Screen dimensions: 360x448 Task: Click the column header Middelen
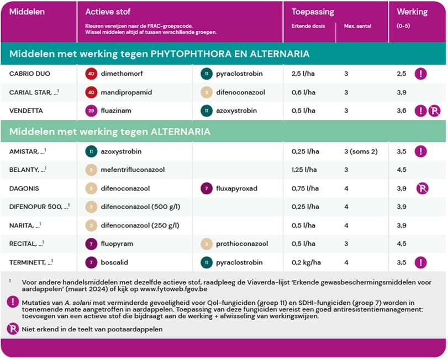(x=28, y=12)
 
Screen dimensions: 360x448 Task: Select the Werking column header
(x=412, y=12)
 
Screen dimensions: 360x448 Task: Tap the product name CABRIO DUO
(x=27, y=73)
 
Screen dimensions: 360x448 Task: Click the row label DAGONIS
(x=23, y=188)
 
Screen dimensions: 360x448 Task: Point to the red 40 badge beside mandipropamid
(x=91, y=92)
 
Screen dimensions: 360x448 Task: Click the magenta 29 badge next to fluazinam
(x=91, y=111)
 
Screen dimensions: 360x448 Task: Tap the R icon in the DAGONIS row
(x=423, y=188)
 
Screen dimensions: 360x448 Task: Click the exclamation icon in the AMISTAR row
(x=421, y=151)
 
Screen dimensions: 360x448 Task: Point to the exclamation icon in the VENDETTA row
(x=420, y=111)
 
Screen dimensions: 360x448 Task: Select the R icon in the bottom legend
(x=12, y=329)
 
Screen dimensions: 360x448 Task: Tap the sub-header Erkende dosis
(x=308, y=26)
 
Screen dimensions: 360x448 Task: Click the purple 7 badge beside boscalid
(x=91, y=263)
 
